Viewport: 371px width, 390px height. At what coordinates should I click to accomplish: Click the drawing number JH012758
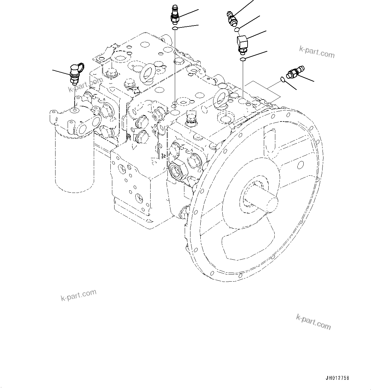point(337,378)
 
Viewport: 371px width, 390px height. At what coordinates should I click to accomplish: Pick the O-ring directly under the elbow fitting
point(243,59)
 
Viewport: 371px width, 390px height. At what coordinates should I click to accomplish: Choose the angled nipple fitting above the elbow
point(232,18)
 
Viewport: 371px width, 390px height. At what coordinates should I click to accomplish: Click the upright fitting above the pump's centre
point(175,15)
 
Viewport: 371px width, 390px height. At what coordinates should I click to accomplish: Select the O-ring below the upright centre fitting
point(175,29)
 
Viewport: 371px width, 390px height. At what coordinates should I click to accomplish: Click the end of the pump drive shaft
point(271,203)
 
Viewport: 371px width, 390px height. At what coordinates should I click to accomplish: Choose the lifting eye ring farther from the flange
point(148,73)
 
